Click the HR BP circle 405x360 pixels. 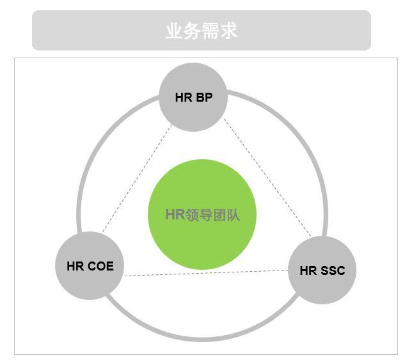coord(193,112)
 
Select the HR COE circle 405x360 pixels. coord(90,281)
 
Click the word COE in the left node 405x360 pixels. coord(101,266)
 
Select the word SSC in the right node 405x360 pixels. coord(333,270)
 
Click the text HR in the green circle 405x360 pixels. coord(175,215)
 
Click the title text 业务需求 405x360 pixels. coord(202,31)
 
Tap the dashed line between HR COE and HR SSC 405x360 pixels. coord(205,273)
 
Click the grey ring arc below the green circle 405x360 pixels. coord(202,338)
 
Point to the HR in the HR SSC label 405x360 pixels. coord(308,270)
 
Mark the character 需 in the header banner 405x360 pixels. coord(210,31)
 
